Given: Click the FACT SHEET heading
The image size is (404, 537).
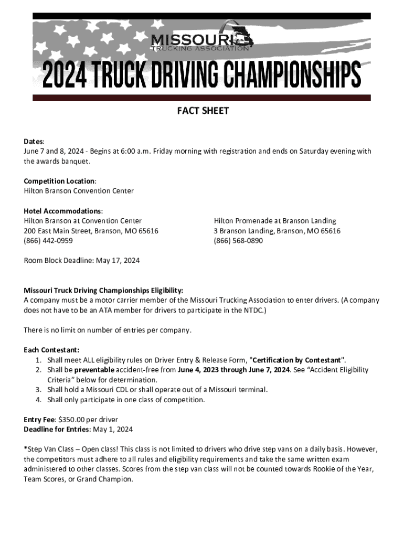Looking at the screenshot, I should [x=202, y=111].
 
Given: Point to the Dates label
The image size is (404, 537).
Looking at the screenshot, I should [x=34, y=142].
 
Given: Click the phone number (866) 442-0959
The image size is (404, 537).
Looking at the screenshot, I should [x=48, y=241].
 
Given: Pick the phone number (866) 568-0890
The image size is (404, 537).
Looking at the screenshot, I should [x=238, y=241].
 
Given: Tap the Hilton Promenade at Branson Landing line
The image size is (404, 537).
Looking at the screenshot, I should [x=274, y=221].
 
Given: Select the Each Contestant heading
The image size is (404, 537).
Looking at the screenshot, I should [x=51, y=350].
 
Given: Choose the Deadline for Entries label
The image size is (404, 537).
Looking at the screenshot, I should [x=57, y=429].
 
